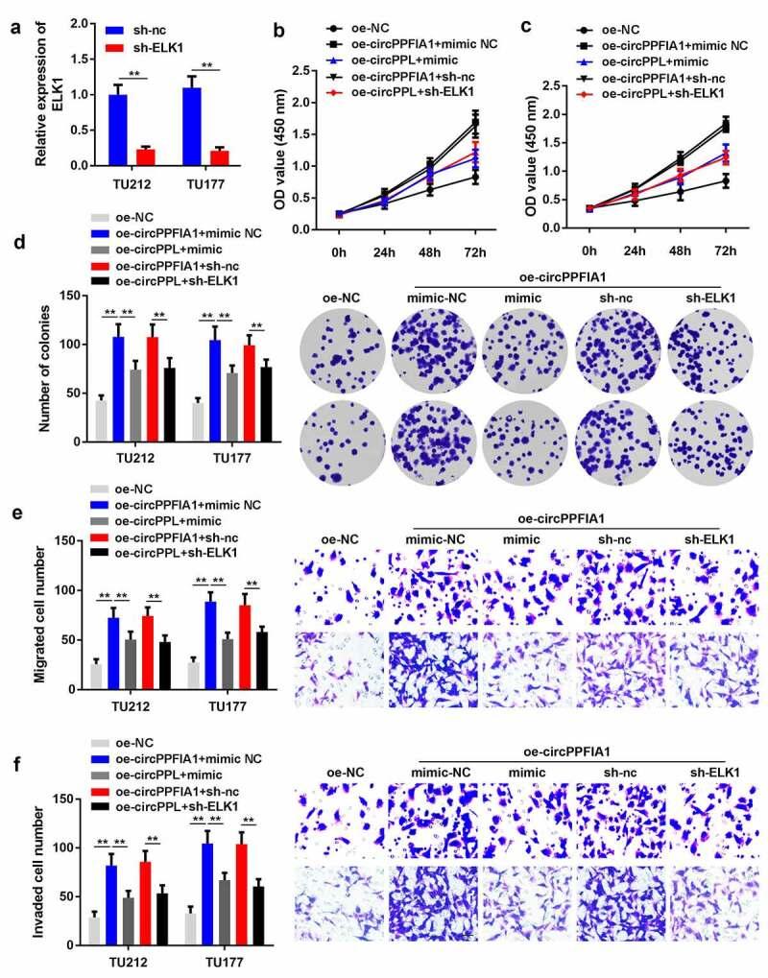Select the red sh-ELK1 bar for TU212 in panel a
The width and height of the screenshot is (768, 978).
click(x=146, y=155)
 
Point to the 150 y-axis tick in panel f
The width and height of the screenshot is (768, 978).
click(x=65, y=798)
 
